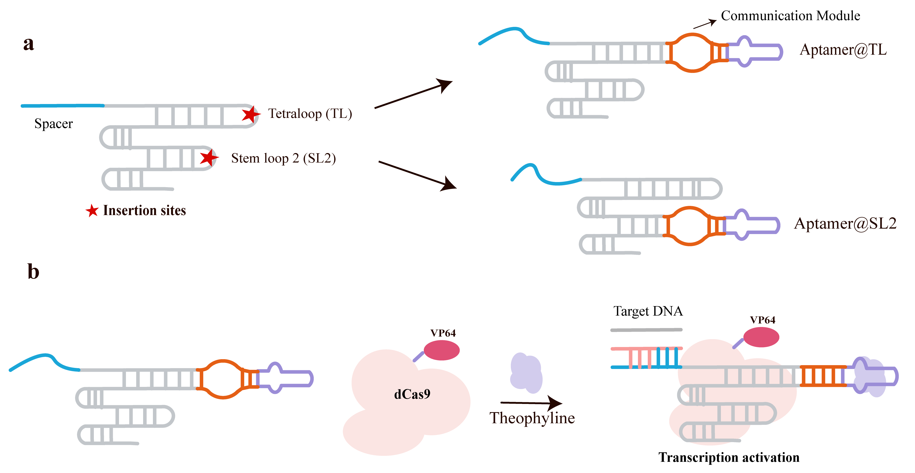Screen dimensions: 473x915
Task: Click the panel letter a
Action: pos(28,44)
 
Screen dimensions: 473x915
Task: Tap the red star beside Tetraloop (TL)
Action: pos(251,114)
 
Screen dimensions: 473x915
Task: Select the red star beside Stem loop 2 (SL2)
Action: pos(209,158)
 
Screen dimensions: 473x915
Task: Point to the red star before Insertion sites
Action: pos(92,211)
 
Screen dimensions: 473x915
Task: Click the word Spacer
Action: pos(53,124)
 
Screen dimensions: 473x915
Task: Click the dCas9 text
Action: pos(412,394)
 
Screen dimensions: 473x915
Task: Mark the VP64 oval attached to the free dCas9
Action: pos(442,350)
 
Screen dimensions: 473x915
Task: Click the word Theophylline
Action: pos(532,418)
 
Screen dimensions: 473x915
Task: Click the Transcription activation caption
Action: pos(729,457)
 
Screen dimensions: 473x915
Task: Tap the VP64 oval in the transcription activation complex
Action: pos(761,337)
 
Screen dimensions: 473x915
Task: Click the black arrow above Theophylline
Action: pos(531,403)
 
